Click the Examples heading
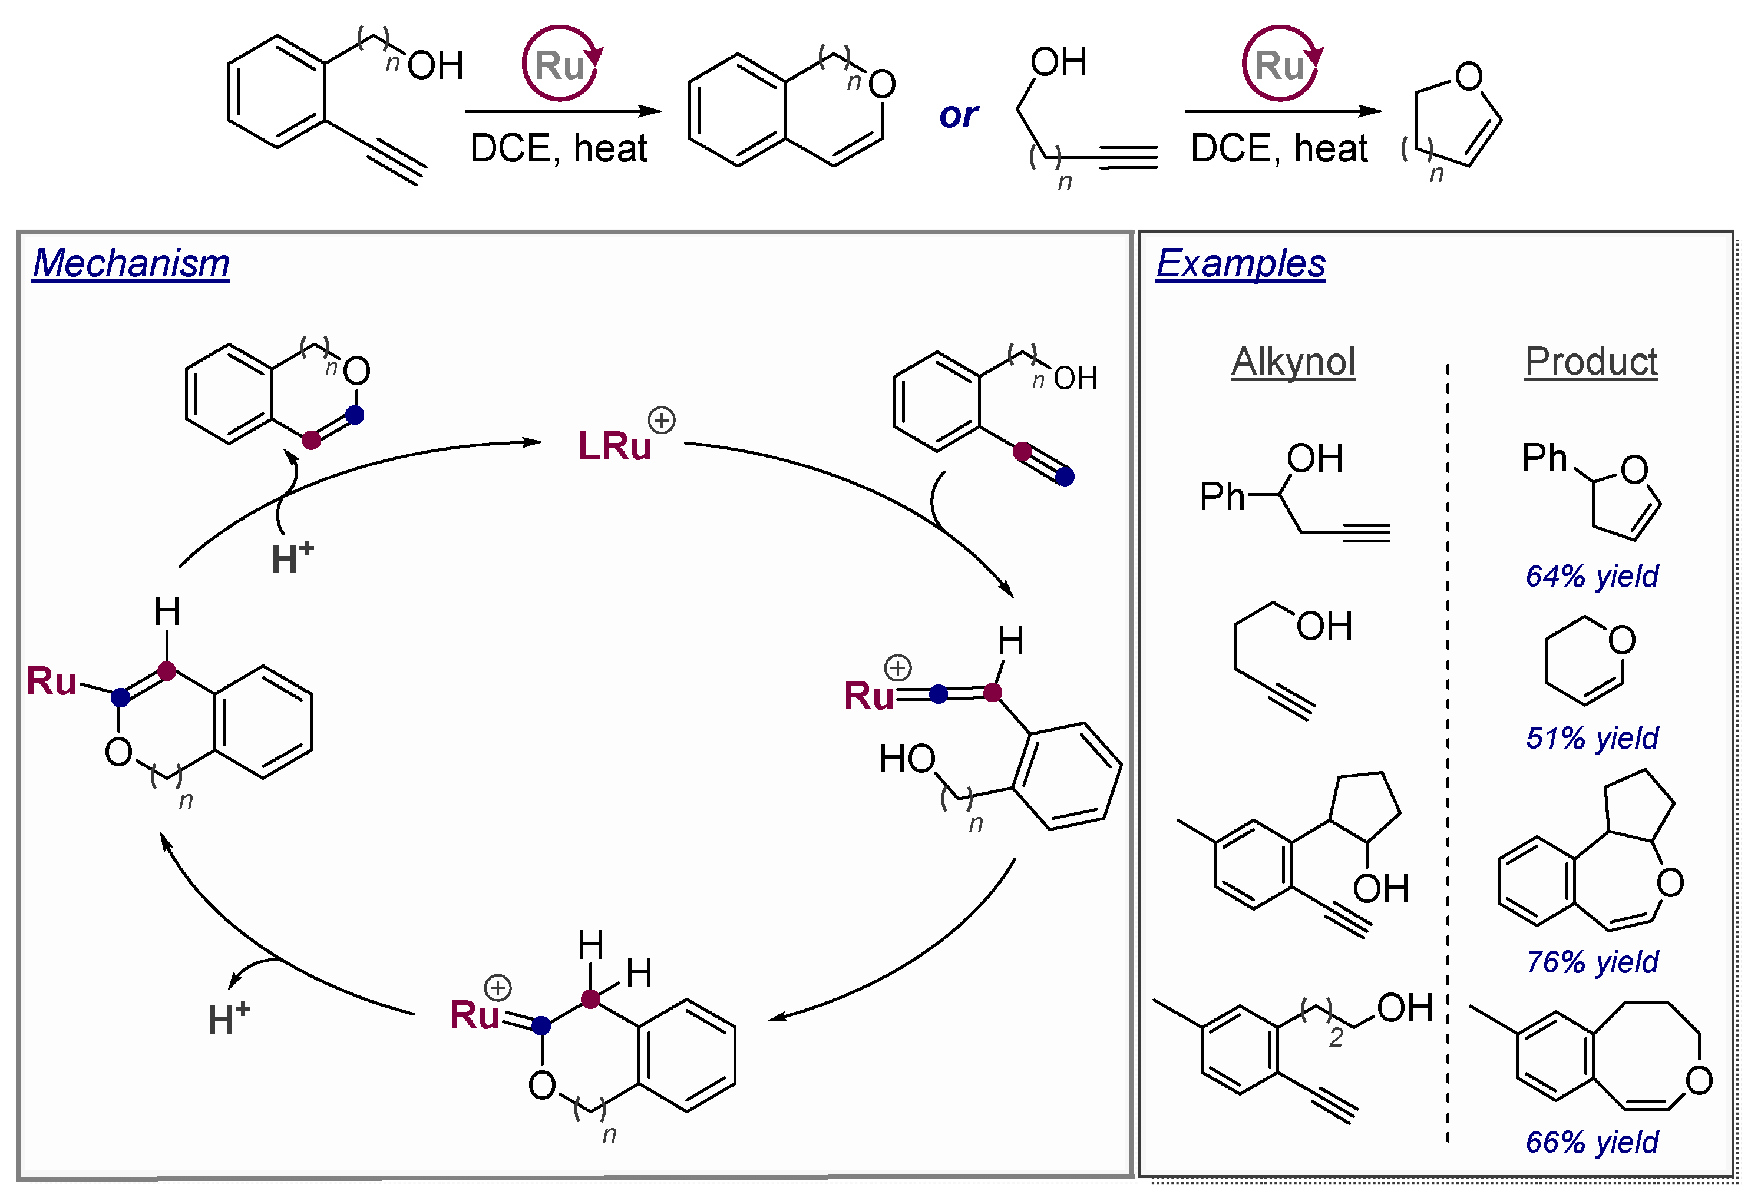1240,264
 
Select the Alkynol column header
1293,362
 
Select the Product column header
1591,362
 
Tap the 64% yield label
1591,577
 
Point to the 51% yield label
1591,738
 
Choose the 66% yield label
1591,1142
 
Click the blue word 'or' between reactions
959,115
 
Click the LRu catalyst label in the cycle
614,445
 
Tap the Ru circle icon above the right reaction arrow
1281,64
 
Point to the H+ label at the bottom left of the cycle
228,1018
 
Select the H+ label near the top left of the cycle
292,558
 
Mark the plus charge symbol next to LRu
662,420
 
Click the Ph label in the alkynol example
1221,497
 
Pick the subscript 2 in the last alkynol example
1335,1037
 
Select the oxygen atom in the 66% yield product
1699,1080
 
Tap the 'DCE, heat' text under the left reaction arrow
559,148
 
